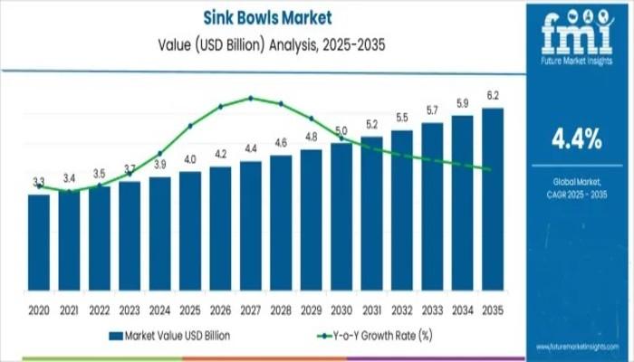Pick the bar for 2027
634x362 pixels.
point(251,230)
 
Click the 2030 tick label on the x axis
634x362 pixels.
point(341,310)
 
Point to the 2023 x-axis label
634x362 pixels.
point(130,310)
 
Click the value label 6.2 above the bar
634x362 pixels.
point(493,95)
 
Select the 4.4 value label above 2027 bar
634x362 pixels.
point(251,148)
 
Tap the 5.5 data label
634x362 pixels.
point(402,118)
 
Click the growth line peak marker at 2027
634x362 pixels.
point(251,98)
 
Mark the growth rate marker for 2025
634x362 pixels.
point(190,126)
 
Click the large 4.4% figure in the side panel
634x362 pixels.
point(577,138)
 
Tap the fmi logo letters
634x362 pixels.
point(577,34)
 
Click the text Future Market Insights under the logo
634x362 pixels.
point(577,62)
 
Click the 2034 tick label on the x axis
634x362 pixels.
point(463,310)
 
